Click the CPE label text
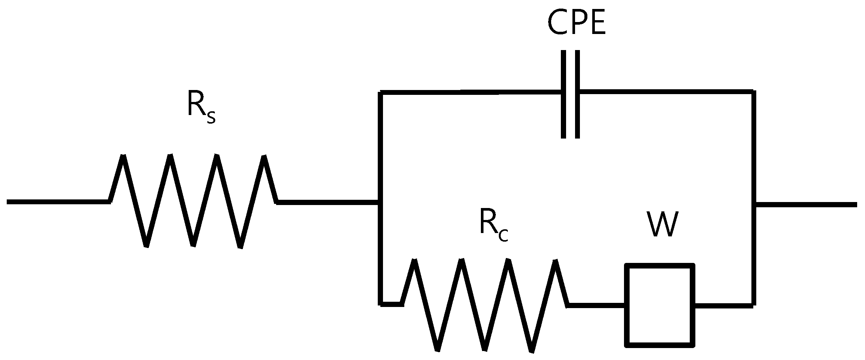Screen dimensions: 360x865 click(576, 23)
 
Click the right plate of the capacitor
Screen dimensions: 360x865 click(577, 94)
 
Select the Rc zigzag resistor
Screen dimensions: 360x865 click(485, 305)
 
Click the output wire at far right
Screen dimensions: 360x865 click(807, 204)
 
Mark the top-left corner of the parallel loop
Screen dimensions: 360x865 click(380, 92)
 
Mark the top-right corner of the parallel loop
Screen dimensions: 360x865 click(753, 92)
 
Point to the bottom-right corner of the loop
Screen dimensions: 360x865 click(753, 305)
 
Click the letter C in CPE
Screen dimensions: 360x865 click(556, 23)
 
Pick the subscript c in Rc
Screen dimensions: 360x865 click(503, 236)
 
